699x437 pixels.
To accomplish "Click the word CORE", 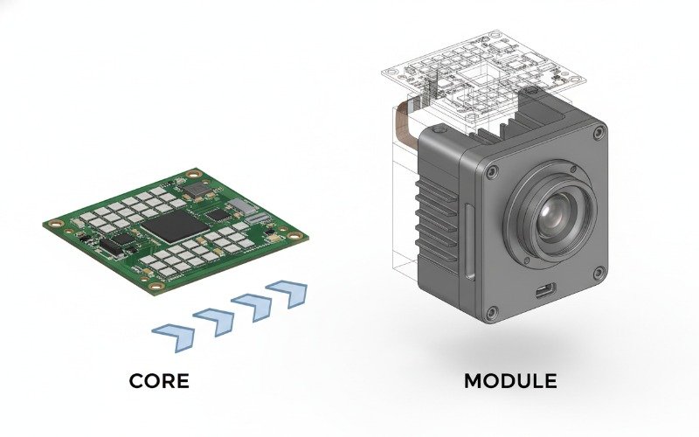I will tap(158, 381).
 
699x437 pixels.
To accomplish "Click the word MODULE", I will tap(509, 381).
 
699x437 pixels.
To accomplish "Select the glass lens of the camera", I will tap(553, 214).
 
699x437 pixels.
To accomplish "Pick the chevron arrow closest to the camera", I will tap(287, 292).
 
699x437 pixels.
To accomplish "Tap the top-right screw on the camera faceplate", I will tap(598, 134).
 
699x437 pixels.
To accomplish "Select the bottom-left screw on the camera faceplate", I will tap(492, 313).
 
